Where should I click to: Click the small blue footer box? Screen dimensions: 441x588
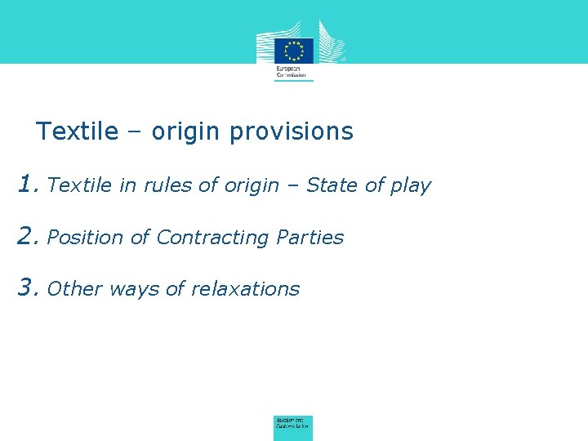pyautogui.click(x=293, y=425)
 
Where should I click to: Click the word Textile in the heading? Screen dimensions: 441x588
pyautogui.click(x=78, y=131)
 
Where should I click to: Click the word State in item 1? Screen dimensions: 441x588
pyautogui.click(x=332, y=185)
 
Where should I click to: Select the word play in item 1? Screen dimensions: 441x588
pyautogui.click(x=410, y=186)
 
